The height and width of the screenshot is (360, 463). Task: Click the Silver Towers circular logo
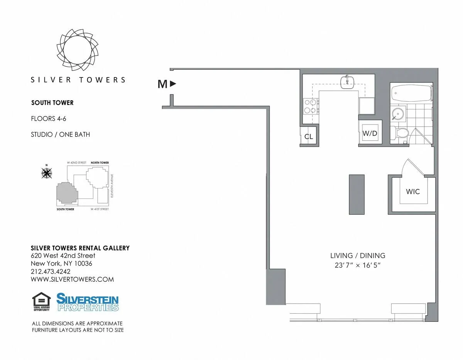pos(78,49)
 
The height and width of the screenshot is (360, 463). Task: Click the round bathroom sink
pos(397,114)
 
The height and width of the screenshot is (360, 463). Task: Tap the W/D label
pos(369,134)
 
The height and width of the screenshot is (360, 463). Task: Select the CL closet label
pos(309,136)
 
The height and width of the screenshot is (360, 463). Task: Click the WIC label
pos(412,192)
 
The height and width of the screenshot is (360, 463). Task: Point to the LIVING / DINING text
pos(357,256)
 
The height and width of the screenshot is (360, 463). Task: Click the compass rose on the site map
pos(47,173)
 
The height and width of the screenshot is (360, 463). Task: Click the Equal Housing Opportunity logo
pos(42,302)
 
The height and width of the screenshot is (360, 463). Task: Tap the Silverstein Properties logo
pos(88,302)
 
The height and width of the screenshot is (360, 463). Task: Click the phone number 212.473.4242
pos(51,272)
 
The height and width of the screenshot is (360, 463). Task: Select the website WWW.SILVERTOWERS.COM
pos(72,279)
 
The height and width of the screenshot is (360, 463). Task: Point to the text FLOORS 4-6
pos(49,119)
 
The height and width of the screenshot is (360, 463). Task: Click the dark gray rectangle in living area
pos(357,194)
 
